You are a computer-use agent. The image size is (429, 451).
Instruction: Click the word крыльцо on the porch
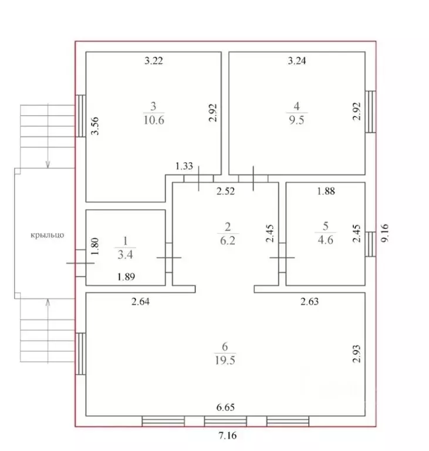pos(48,235)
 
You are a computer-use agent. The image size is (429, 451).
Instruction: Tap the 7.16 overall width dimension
pos(228,436)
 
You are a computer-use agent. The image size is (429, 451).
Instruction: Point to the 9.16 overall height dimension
pos(385,233)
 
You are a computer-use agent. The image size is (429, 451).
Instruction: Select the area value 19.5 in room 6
pos(225,360)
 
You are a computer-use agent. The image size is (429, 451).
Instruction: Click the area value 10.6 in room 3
pos(154,120)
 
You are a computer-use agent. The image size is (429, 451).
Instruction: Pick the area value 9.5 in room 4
pos(296,120)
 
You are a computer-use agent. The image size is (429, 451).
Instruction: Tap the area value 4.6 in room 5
pos(326,240)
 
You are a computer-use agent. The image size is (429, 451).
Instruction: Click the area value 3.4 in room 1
pos(125,254)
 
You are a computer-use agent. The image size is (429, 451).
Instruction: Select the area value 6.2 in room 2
pos(228,240)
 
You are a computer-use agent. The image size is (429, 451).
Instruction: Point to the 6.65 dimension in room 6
pos(225,408)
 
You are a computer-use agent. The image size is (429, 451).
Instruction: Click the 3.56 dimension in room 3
pos(95,126)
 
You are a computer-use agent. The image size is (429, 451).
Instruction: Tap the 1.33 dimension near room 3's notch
pos(184,166)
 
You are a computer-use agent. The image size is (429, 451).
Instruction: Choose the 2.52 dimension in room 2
pos(226,191)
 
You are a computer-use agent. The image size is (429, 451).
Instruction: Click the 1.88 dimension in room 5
pos(326,191)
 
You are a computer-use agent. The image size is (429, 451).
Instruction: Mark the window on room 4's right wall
pos(371,112)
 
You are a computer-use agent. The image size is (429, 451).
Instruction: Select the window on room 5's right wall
pos(371,244)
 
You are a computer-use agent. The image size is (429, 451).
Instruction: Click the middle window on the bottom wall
pos(225,422)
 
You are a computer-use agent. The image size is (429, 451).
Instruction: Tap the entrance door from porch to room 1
pos(80,263)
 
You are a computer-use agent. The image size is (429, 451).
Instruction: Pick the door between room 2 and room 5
pos(282,258)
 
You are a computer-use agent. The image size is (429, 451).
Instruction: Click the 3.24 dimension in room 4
pos(297,60)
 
